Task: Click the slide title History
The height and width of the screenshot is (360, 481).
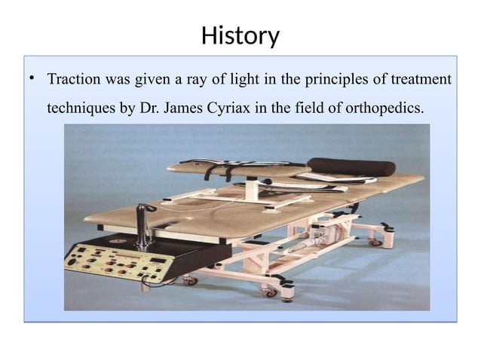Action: point(240,35)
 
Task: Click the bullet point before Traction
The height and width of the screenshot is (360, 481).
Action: point(32,79)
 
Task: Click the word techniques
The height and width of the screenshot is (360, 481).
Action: point(81,108)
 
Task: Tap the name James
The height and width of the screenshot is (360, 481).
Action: point(185,108)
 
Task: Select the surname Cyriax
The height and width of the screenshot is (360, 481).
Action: point(231,108)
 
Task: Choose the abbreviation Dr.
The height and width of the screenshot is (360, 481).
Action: point(149,108)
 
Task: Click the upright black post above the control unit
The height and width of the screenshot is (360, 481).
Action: point(141,223)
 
